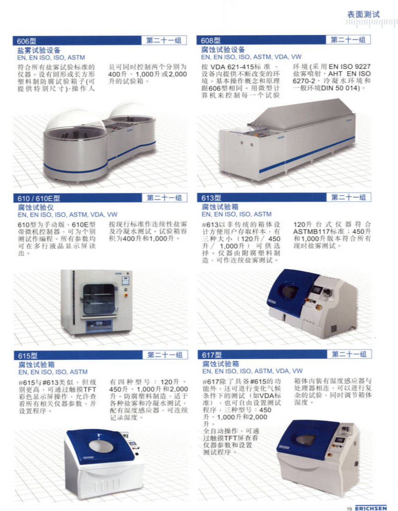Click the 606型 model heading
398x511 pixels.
click(x=27, y=41)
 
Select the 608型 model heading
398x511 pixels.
click(x=210, y=40)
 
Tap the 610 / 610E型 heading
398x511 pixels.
click(x=39, y=198)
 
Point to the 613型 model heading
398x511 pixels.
click(x=211, y=198)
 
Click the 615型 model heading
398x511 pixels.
click(x=28, y=355)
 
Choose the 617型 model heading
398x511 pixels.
click(x=212, y=355)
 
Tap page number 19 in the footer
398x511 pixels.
click(x=349, y=508)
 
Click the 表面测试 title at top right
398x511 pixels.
click(x=363, y=14)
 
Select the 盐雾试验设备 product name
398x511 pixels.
click(x=39, y=50)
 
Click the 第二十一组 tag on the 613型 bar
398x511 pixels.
click(x=349, y=197)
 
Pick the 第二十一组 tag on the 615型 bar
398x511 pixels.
click(x=165, y=355)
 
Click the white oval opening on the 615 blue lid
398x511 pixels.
click(x=97, y=446)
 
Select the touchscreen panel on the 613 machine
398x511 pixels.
click(x=317, y=290)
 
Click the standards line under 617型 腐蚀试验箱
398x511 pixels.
click(x=252, y=371)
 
